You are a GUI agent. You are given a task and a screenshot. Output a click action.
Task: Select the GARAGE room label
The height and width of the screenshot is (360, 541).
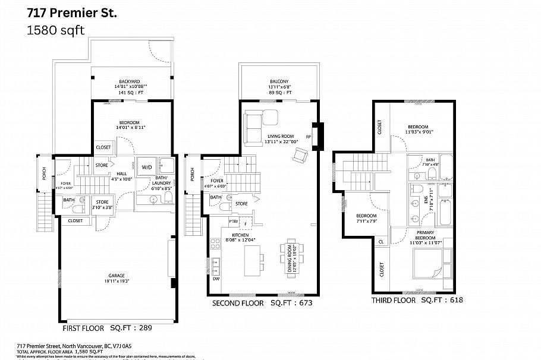click(116, 275)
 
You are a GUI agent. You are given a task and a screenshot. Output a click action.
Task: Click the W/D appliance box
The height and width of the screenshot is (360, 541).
click(146, 168)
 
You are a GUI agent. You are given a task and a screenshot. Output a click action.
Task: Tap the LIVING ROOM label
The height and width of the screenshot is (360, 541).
click(279, 135)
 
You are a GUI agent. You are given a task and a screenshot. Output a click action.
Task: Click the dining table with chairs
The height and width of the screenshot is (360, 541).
click(291, 256)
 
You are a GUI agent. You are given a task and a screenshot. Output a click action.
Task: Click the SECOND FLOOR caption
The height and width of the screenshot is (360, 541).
click(238, 303)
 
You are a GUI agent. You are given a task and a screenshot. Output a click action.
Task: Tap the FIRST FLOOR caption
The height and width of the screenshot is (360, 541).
click(84, 327)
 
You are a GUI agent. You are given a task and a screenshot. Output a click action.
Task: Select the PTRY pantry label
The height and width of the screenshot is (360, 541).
click(234, 222)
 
